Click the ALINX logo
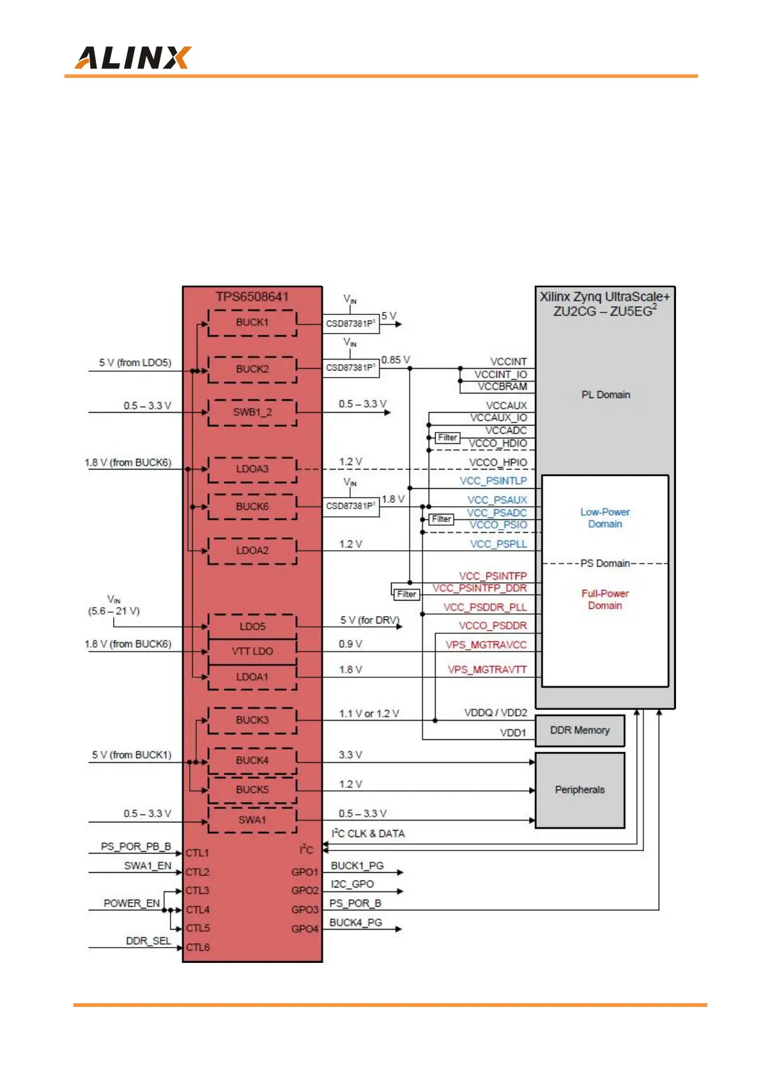point(132,58)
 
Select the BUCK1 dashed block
point(252,323)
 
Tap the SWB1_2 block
point(252,412)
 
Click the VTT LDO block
point(252,651)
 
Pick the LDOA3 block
point(252,469)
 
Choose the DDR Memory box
point(580,730)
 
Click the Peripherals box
point(580,790)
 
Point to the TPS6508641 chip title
point(252,296)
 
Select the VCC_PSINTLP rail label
point(493,480)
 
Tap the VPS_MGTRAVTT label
point(487,670)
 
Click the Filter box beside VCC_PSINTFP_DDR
point(406,594)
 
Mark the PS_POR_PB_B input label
point(135,847)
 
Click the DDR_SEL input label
point(148,941)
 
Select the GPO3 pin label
point(304,910)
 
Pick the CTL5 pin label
point(197,928)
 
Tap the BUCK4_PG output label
point(355,923)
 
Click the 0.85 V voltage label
point(396,360)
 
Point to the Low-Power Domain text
point(605,518)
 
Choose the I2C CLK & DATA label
point(368,834)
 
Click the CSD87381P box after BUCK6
point(350,506)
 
